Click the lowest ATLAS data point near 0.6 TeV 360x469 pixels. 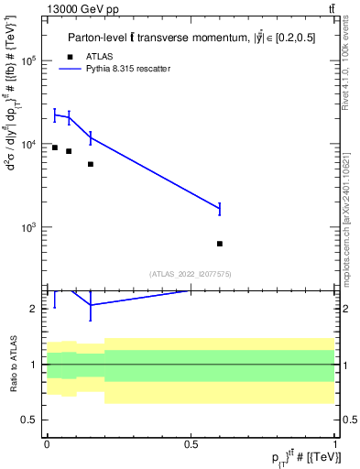coord(220,244)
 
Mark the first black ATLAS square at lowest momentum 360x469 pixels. coord(55,147)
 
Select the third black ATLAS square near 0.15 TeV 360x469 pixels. coord(91,164)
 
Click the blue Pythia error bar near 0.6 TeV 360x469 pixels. coord(220,209)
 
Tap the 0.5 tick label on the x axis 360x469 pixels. coord(191,443)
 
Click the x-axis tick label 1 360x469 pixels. coord(335,443)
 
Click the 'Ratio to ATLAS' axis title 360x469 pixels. coord(13,364)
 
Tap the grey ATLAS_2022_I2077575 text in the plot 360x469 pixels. coord(191,273)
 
